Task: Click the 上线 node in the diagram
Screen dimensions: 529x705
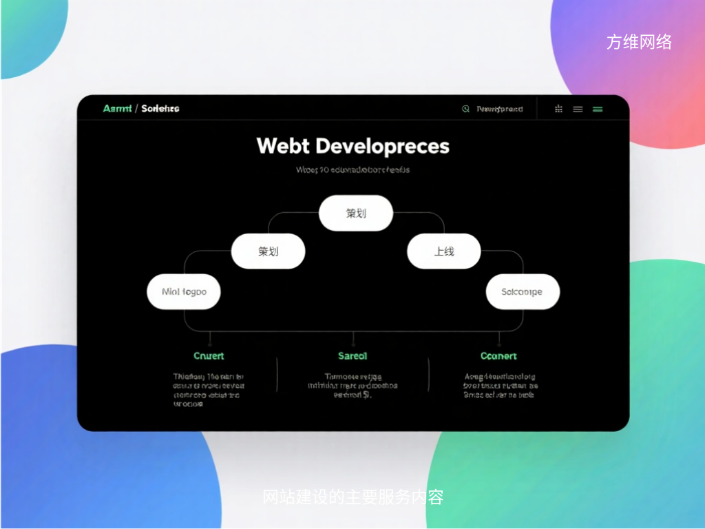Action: click(443, 251)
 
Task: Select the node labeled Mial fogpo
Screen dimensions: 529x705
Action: click(184, 291)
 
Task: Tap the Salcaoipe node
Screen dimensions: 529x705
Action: click(522, 291)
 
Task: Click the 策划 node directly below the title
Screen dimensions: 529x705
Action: click(355, 213)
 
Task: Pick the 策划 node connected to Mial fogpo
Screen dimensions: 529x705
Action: click(268, 251)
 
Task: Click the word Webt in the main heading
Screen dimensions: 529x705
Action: click(280, 146)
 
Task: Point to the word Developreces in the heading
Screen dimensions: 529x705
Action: click(383, 146)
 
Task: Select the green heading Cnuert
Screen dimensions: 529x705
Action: click(209, 356)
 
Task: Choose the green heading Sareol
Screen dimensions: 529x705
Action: click(352, 356)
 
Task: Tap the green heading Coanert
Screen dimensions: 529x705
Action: click(498, 356)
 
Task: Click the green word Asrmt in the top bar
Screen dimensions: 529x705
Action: click(117, 109)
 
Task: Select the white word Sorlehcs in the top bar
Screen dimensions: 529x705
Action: click(160, 109)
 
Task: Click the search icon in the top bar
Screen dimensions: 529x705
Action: click(465, 109)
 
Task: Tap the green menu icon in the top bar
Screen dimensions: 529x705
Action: click(598, 109)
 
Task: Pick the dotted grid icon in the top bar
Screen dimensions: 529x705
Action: click(558, 109)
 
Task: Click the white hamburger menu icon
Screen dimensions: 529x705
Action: click(578, 109)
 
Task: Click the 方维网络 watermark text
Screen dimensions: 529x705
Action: click(639, 42)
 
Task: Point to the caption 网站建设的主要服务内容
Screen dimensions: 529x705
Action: click(352, 497)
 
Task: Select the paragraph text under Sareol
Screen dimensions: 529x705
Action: click(352, 386)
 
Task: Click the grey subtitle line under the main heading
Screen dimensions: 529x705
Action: click(352, 169)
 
